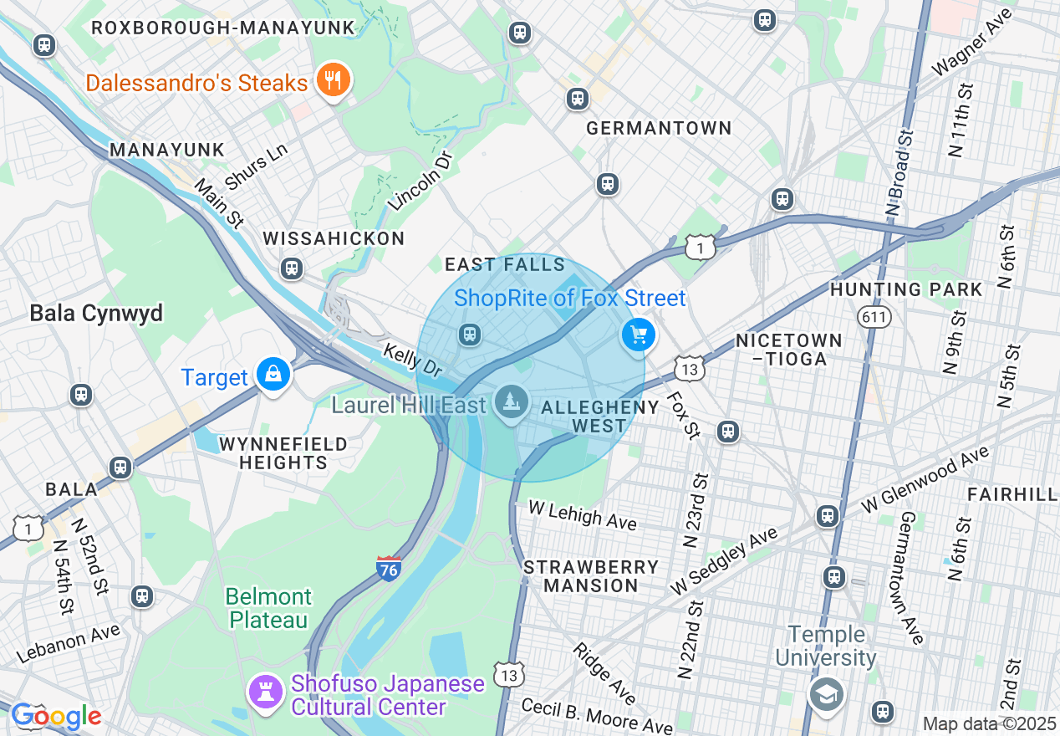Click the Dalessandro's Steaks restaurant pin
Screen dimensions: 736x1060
click(333, 81)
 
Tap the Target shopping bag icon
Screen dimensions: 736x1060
click(273, 376)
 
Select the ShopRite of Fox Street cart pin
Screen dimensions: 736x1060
click(639, 335)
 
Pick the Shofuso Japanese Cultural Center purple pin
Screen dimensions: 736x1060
click(266, 693)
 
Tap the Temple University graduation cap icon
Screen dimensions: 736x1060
click(826, 693)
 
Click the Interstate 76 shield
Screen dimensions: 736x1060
click(389, 568)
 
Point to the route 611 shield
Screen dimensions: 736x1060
click(874, 317)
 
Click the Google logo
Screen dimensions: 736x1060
click(56, 716)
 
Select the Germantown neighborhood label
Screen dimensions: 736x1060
click(659, 129)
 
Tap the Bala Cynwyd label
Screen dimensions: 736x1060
click(96, 314)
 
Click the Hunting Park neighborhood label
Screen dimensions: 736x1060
click(906, 290)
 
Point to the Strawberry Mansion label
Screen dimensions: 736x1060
click(591, 576)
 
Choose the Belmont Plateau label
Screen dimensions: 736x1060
click(269, 608)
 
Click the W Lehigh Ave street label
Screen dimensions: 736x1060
click(584, 516)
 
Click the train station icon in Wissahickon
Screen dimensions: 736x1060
click(292, 268)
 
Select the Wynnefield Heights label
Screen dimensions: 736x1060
click(283, 453)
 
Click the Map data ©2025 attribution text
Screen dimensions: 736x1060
click(989, 723)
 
